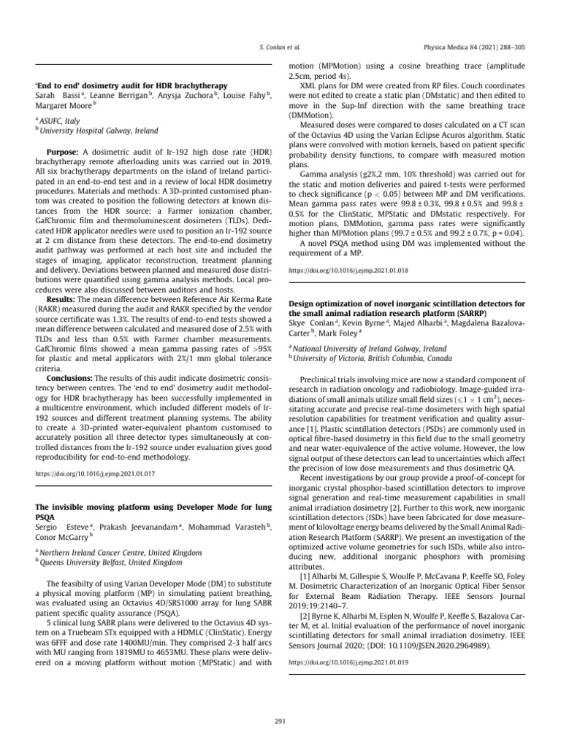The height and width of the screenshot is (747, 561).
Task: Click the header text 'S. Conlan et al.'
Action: (280, 46)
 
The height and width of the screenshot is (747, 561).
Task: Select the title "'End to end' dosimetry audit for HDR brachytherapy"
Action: (131, 85)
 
